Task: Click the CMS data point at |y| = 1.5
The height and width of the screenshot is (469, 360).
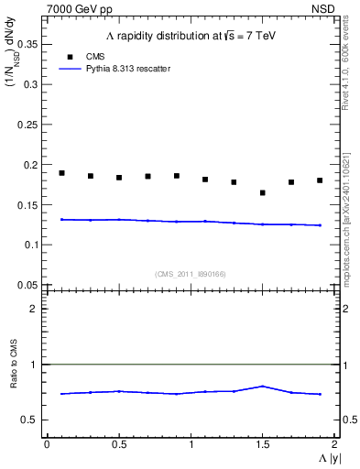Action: (262, 192)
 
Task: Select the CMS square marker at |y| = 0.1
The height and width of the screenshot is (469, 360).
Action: (61, 173)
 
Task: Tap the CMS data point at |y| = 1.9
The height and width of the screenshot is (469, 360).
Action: (320, 180)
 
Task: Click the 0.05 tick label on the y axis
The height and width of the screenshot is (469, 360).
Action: (29, 285)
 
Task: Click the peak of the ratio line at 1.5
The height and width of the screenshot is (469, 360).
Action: (262, 386)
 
